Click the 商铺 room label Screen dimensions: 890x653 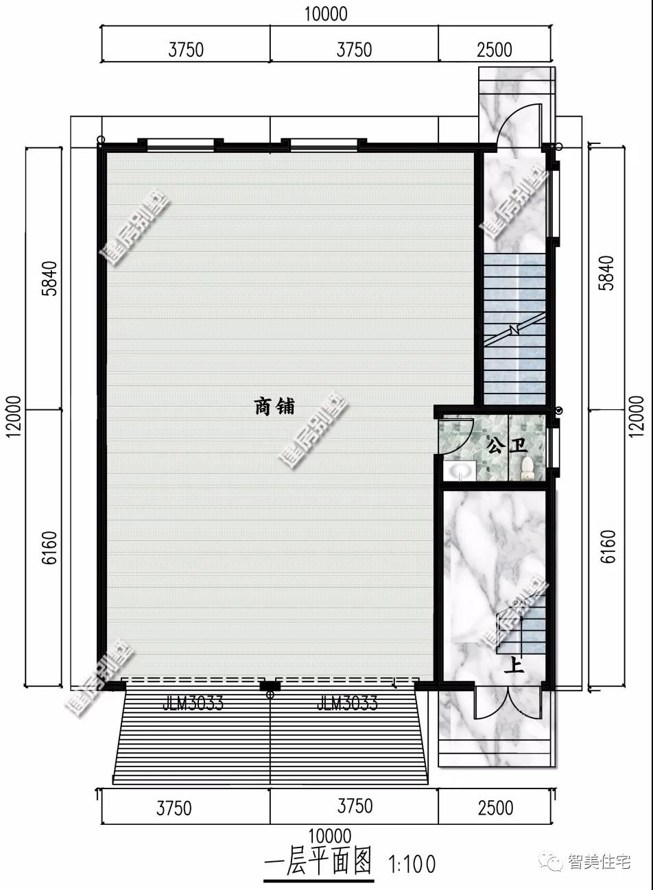pos(274,407)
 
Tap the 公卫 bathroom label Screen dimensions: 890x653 pos(506,446)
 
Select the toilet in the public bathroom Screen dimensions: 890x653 pos(527,468)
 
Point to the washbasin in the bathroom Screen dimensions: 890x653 pos(459,471)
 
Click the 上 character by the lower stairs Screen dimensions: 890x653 pos(514,664)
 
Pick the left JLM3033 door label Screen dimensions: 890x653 pos(193,703)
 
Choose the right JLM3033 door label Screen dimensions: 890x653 pos(347,703)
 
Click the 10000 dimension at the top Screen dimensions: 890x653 pos(326,14)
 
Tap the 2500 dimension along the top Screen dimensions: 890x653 pos(494,49)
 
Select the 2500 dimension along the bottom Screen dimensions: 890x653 pos(495,808)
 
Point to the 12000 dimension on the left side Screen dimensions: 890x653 pos(15,415)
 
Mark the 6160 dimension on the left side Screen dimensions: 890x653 pos(50,547)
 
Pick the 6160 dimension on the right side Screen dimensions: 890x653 pos(608,547)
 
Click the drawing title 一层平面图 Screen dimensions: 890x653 pos(318,863)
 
